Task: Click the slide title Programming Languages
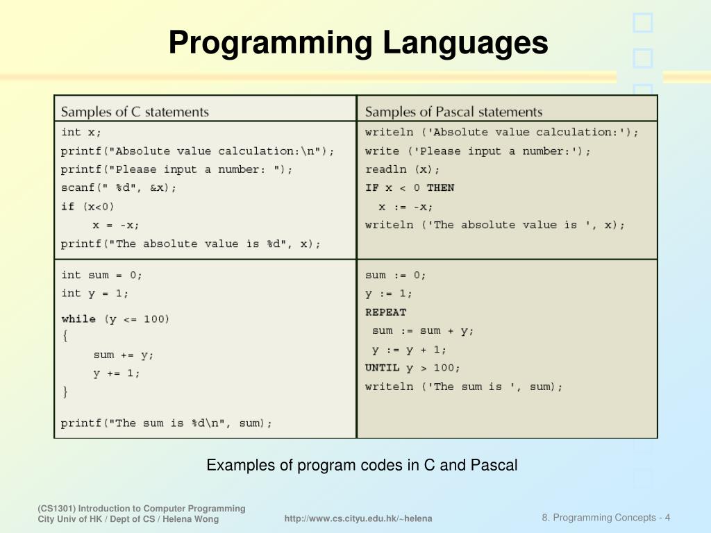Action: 358,43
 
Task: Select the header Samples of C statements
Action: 135,112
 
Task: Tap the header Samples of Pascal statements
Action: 453,112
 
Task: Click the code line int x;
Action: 81,132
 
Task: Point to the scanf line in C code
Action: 119,188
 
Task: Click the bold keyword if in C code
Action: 67,206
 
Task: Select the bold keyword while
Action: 78,319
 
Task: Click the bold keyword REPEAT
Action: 385,312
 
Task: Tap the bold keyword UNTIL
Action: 383,368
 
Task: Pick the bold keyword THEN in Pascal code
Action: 440,188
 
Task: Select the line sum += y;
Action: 124,355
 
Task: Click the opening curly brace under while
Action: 65,337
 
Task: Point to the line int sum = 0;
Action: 102,275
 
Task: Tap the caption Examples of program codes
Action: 362,465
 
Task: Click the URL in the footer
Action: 358,518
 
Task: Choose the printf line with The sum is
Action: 167,423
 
